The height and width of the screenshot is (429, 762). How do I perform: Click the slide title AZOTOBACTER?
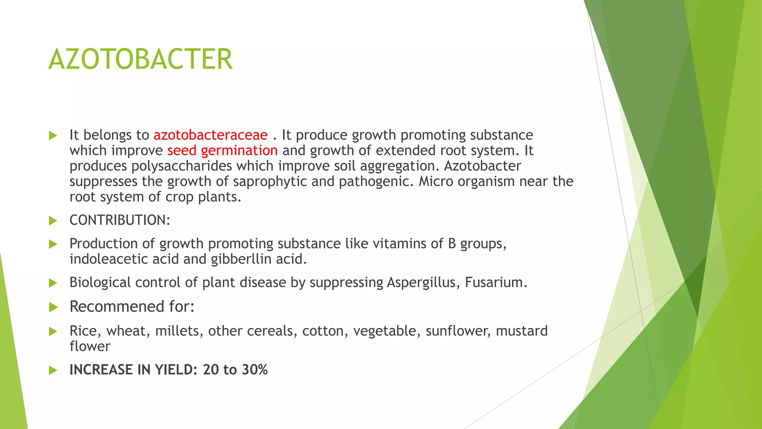140,59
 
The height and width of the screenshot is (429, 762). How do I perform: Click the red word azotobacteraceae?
210,135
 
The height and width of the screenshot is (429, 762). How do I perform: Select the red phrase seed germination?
222,151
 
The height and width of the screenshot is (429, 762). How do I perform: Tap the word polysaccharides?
183,166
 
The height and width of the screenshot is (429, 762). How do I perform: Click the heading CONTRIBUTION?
120,220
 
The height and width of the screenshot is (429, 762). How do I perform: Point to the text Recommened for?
132,306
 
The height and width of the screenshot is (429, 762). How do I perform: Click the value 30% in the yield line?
255,370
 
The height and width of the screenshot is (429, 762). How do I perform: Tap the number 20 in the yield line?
211,370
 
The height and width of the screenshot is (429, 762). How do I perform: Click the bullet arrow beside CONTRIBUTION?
53,221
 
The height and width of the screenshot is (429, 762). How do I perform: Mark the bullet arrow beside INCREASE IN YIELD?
53,370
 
